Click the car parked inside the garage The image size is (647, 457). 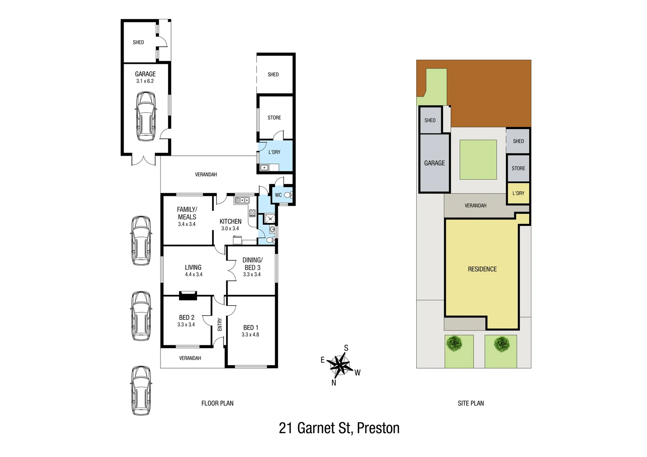tap(145, 117)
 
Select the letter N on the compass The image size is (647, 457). tap(334, 383)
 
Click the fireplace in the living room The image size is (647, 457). tap(188, 295)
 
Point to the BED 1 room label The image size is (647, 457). tap(250, 328)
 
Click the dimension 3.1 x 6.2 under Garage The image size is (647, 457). tap(145, 81)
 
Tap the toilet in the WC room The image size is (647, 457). tap(288, 195)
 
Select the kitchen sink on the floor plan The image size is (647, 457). tap(242, 200)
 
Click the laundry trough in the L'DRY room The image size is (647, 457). tap(264, 168)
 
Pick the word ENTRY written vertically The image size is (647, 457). tap(220, 325)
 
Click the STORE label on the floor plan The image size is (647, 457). tap(274, 118)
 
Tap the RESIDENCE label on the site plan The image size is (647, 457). tap(482, 269)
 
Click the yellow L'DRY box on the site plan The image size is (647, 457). tap(518, 193)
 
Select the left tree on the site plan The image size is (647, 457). tap(454, 343)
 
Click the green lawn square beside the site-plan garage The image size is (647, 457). tap(478, 160)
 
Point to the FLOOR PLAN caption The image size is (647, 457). tap(217, 403)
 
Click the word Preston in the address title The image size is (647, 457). tap(378, 428)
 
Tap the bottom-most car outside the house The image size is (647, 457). tap(141, 391)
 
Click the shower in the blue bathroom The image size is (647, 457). tap(270, 219)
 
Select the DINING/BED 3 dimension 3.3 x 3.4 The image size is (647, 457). tap(252, 275)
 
